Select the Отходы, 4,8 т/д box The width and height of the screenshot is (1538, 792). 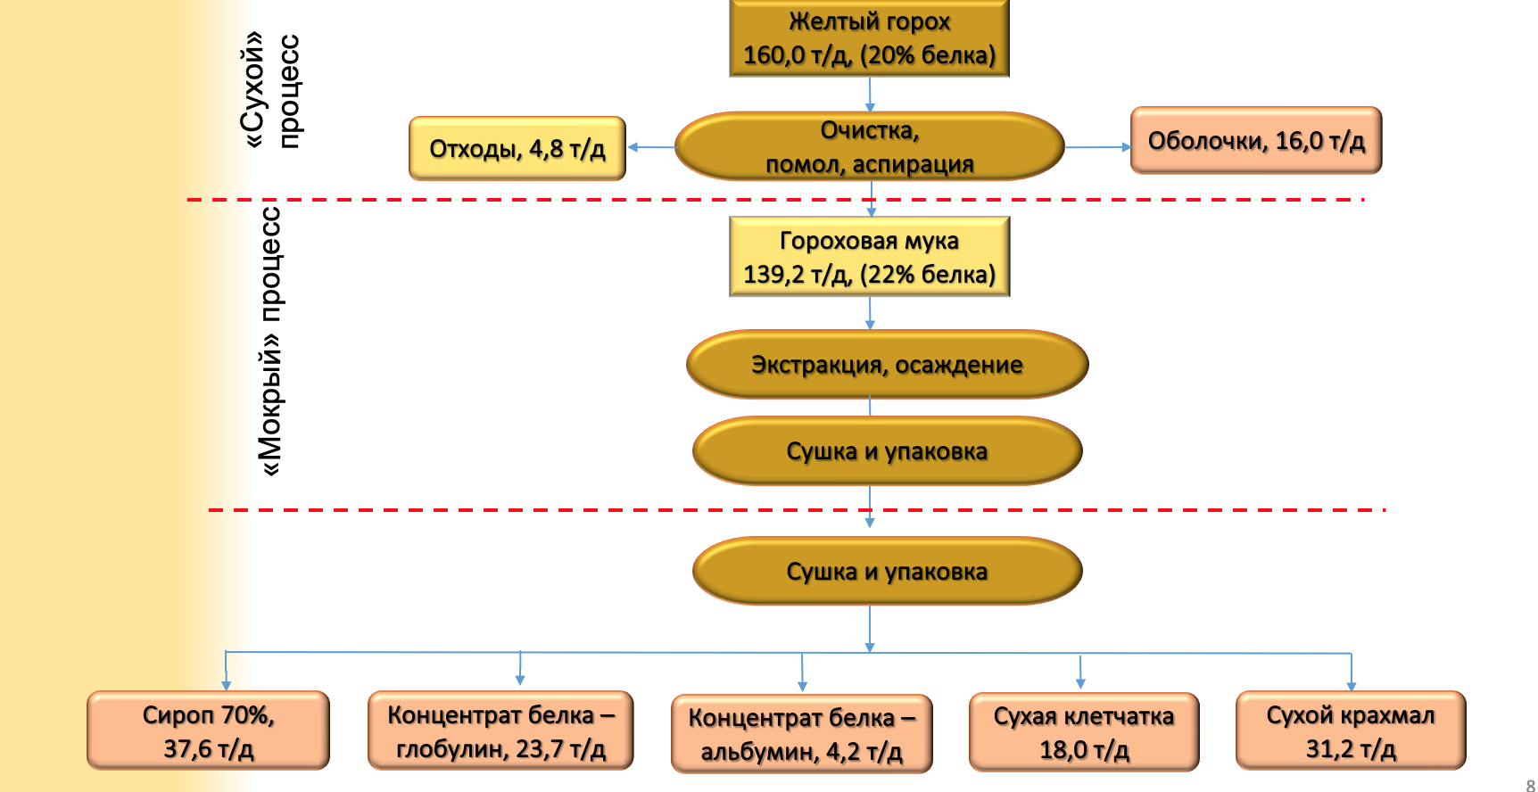(x=517, y=148)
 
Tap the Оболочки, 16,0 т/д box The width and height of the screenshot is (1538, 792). (x=1256, y=141)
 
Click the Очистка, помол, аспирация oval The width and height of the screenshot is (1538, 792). (x=869, y=146)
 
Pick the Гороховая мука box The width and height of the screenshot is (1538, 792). (x=869, y=257)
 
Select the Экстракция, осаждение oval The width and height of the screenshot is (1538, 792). (x=887, y=365)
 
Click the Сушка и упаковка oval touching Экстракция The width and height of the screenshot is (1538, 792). (x=887, y=451)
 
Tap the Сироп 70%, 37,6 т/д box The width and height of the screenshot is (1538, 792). (x=208, y=730)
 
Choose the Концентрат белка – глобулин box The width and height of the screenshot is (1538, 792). (x=500, y=730)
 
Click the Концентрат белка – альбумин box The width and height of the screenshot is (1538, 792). (x=801, y=734)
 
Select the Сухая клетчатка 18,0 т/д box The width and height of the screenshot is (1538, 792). (x=1083, y=732)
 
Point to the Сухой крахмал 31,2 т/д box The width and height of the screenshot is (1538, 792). (x=1351, y=730)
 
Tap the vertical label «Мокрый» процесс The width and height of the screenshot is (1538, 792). (x=269, y=341)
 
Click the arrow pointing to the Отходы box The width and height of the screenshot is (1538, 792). (x=651, y=147)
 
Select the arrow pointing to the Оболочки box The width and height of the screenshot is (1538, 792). (x=1097, y=147)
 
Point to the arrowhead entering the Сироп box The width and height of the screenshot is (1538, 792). (x=227, y=684)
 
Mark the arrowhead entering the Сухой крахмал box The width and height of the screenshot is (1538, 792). (x=1352, y=685)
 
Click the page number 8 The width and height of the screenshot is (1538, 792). (x=1531, y=785)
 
